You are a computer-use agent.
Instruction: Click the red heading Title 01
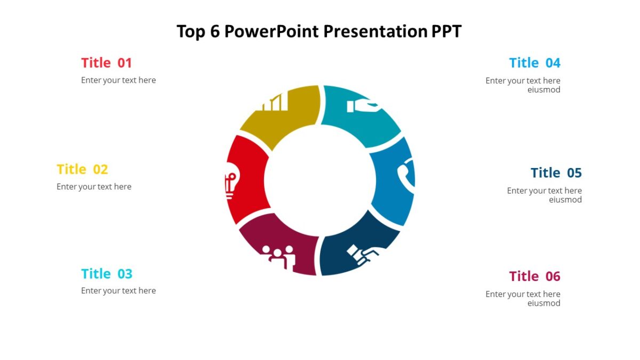click(x=106, y=63)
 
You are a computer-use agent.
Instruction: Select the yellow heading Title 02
click(x=82, y=170)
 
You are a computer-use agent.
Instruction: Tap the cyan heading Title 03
click(x=107, y=274)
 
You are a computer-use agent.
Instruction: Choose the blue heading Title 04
click(x=534, y=63)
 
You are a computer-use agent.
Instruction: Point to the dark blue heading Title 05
click(x=556, y=173)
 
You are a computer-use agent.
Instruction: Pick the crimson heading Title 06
click(x=534, y=276)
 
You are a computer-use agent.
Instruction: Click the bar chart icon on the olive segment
click(x=273, y=102)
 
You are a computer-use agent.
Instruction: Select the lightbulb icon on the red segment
click(x=230, y=183)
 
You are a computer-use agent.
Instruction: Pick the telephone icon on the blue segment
click(x=407, y=173)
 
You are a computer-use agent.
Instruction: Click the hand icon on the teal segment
click(x=363, y=106)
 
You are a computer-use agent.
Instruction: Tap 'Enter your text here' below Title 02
click(x=94, y=187)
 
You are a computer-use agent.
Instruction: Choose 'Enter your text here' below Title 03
click(x=118, y=291)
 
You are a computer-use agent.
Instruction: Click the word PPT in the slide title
click(x=446, y=31)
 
